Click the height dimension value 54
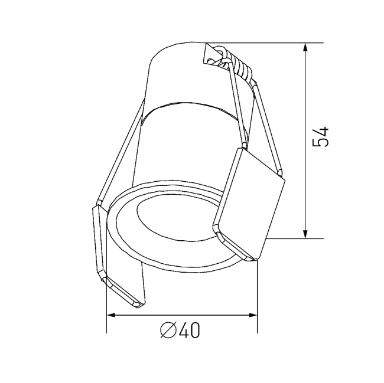click(323, 137)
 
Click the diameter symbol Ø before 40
click(168, 331)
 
